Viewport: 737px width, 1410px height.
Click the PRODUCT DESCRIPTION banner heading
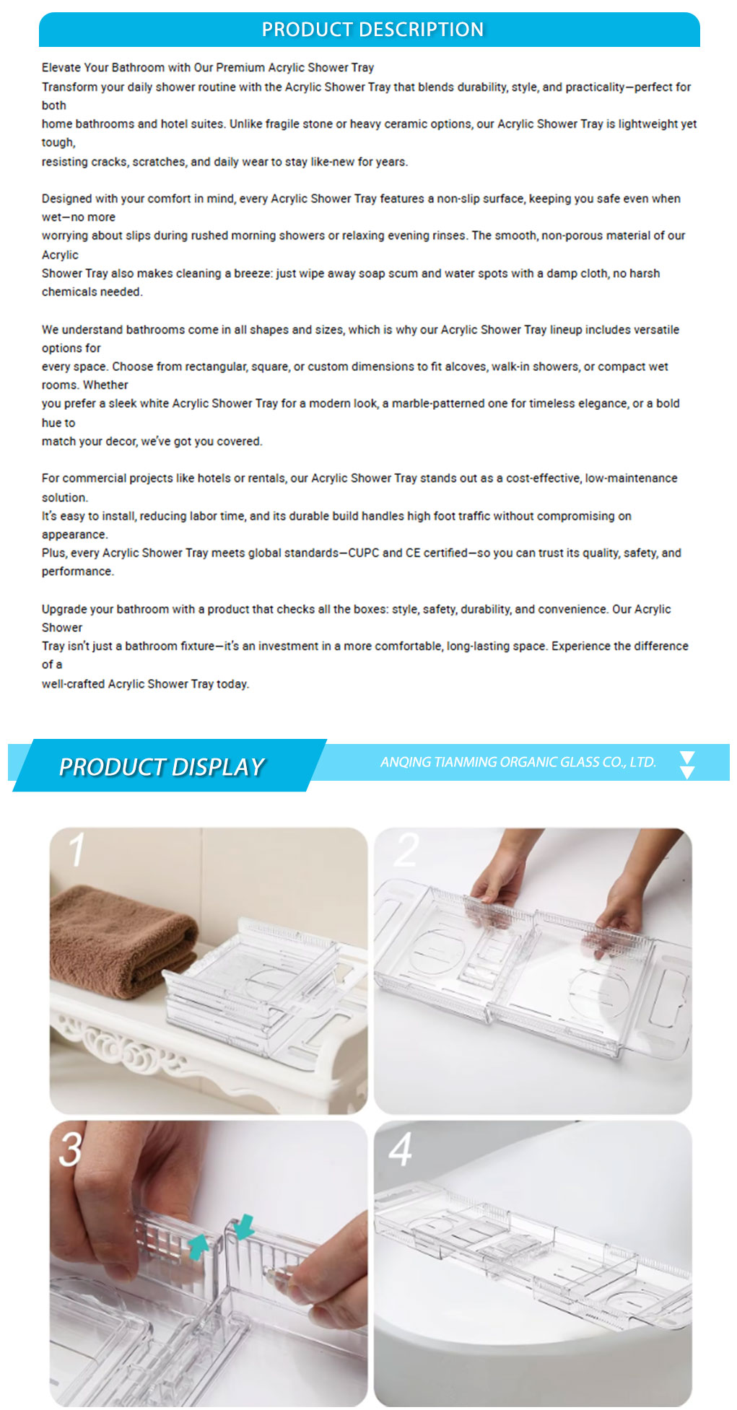[372, 30]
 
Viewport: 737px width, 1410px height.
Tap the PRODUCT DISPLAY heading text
[162, 766]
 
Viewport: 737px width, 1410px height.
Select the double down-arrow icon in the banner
[687, 765]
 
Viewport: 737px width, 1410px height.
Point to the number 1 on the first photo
[77, 849]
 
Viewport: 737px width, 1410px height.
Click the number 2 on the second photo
[406, 849]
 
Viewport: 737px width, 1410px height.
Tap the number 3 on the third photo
[70, 1148]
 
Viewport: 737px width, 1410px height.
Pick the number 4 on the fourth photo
[401, 1149]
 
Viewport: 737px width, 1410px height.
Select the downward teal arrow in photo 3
[244, 1226]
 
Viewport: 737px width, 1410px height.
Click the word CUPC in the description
[364, 553]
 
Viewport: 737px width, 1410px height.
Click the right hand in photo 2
[621, 895]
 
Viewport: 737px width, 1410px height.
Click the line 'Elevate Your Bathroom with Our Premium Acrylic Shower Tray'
[208, 68]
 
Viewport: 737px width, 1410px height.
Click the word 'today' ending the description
[232, 684]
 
